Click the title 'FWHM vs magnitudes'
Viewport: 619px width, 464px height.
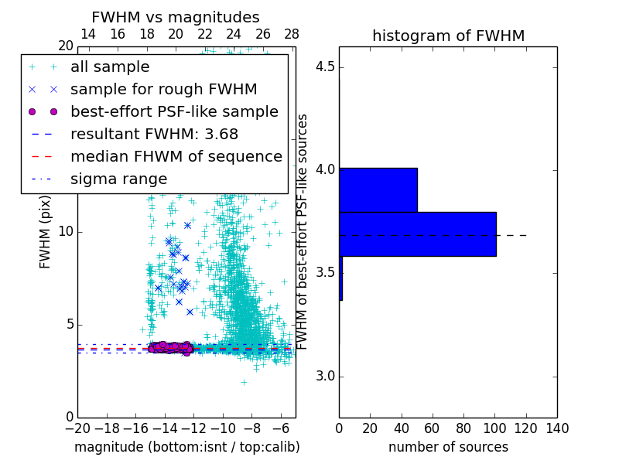click(x=176, y=17)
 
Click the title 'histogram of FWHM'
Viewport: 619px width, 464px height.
click(x=448, y=36)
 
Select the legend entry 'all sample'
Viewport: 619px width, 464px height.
click(x=110, y=67)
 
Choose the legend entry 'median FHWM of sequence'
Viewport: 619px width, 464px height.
click(x=176, y=156)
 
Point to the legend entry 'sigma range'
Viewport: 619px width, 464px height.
click(x=118, y=179)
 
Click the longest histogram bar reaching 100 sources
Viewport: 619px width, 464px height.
click(x=417, y=234)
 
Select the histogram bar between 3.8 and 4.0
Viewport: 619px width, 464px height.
click(x=378, y=189)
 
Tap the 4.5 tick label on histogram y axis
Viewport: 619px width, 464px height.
click(x=325, y=67)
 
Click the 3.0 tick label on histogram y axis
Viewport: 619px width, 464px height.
click(x=325, y=376)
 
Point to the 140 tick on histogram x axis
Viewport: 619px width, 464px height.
click(x=556, y=428)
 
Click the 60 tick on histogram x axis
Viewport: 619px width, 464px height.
click(x=433, y=428)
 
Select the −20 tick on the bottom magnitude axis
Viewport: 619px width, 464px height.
click(x=77, y=428)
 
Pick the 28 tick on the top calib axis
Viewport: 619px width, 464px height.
click(x=292, y=34)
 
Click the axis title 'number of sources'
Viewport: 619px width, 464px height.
click(x=448, y=447)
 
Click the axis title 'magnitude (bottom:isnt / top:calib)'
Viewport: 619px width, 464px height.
click(x=186, y=447)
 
